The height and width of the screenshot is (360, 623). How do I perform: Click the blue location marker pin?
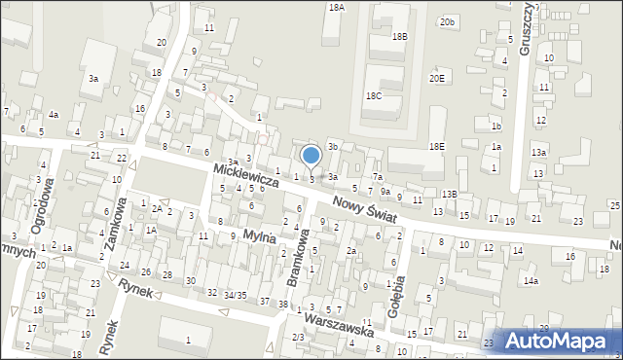(311, 156)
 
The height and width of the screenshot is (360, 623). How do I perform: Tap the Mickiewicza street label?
(247, 176)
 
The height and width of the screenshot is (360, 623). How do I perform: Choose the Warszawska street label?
(338, 325)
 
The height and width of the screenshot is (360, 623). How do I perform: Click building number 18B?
(399, 36)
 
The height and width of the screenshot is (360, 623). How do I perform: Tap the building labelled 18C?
(374, 96)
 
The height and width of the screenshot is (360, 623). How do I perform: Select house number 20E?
(436, 79)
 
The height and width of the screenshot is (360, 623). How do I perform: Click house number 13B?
(448, 195)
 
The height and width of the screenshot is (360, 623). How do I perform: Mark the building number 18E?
(437, 146)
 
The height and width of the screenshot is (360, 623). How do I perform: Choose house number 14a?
(531, 280)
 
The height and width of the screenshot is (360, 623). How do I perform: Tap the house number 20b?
(447, 21)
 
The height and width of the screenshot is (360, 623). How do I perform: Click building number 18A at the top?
(337, 7)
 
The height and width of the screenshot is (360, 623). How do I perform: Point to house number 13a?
(538, 153)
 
